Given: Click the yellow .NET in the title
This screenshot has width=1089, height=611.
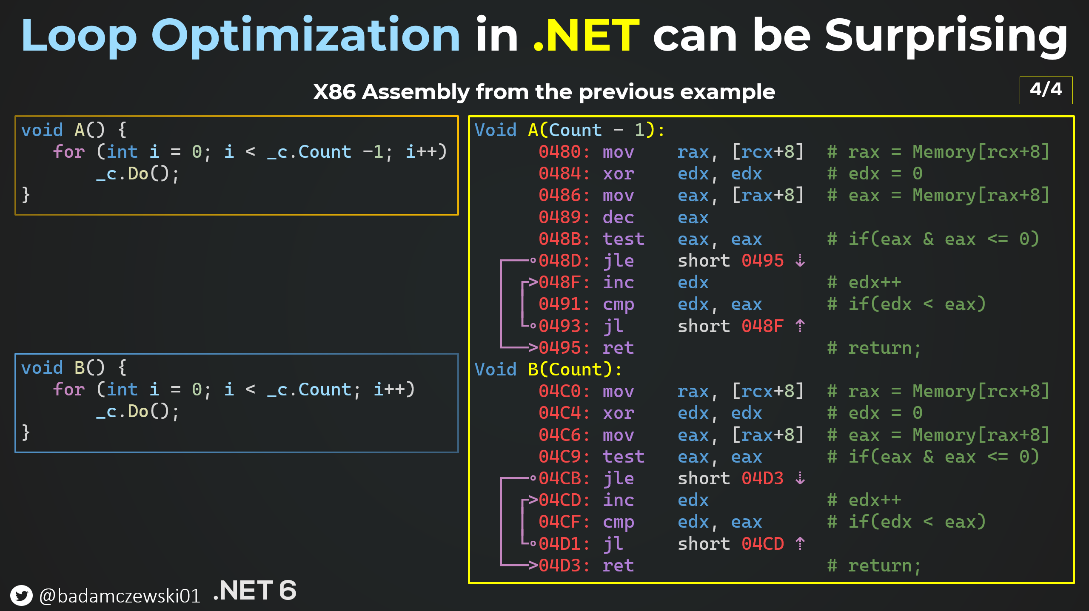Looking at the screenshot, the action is tap(586, 36).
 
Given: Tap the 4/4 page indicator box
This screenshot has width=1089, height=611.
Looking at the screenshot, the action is tap(1046, 90).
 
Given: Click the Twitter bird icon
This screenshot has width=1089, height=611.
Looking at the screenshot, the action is tap(21, 595).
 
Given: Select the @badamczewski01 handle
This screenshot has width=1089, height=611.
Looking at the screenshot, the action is tap(120, 596).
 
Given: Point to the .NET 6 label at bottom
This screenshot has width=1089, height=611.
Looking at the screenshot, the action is tap(254, 590).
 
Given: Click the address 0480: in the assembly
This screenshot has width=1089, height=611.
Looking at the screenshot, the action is tap(564, 152).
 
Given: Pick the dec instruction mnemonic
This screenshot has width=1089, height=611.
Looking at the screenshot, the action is tap(618, 217).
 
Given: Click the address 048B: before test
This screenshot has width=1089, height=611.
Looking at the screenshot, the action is tap(564, 239).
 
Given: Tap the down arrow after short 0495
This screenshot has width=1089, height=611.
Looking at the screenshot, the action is tap(800, 260).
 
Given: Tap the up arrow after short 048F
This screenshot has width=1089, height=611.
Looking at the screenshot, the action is tap(800, 326).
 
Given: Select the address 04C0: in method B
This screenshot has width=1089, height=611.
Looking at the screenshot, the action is tap(564, 391).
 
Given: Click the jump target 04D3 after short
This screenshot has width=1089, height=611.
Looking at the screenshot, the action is tap(762, 478).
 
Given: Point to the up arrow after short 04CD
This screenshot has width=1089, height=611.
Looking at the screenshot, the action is tap(800, 544).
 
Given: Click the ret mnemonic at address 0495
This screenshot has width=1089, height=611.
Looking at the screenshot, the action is tap(618, 348).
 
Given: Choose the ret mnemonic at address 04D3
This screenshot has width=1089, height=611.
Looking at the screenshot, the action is tap(618, 566).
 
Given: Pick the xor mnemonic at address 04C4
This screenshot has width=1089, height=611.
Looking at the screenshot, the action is tap(618, 413).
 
